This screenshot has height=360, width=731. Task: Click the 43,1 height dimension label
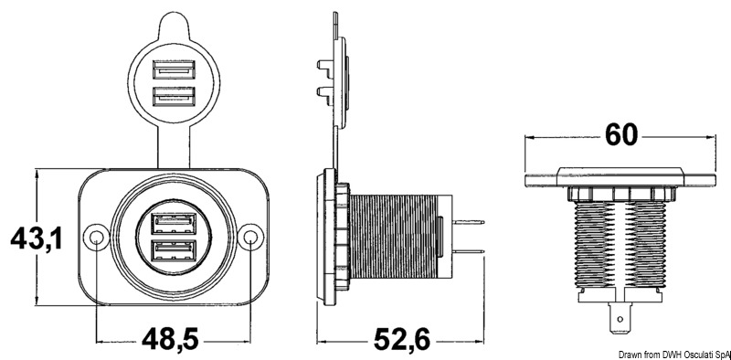(37, 238)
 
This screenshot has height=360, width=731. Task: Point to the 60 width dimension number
(621, 134)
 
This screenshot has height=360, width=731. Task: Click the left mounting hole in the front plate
(96, 238)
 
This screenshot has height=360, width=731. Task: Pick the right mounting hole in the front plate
(250, 238)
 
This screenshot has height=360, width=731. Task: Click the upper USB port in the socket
(174, 223)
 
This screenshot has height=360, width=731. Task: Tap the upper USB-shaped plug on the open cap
(174, 69)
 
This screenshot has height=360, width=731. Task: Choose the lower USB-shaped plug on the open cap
(174, 96)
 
